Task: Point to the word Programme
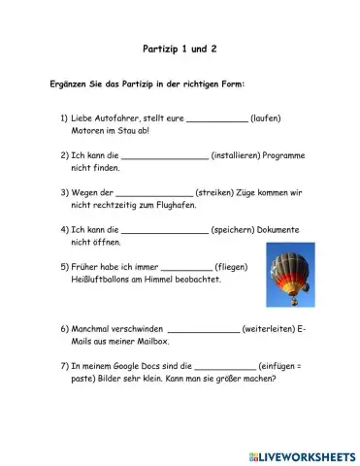(290, 155)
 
